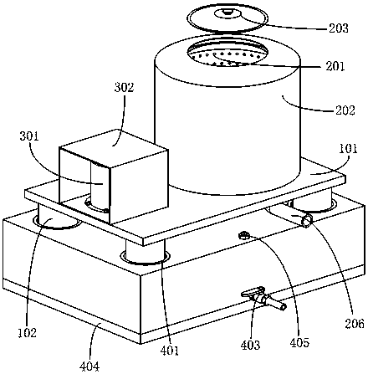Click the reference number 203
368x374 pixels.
[339, 28]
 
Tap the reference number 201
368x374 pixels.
[335, 66]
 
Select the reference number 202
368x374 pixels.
[345, 110]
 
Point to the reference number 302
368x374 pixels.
[124, 87]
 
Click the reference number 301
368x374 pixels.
[29, 136]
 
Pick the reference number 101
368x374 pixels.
[348, 149]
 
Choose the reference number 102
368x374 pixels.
[28, 333]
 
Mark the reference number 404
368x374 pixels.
[89, 366]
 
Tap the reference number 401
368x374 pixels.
[169, 351]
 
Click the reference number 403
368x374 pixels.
[250, 345]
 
